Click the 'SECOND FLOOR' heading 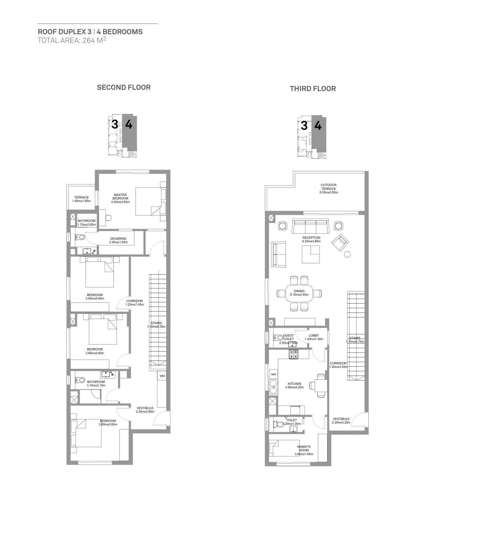tap(124, 87)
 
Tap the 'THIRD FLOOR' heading tap(313, 89)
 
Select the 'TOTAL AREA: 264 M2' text tap(72, 40)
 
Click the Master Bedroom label tap(120, 197)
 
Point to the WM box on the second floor tap(162, 376)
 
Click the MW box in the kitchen tap(273, 374)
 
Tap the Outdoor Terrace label tap(328, 187)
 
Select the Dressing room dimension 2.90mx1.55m tap(118, 242)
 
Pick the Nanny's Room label tap(304, 448)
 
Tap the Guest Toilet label tap(288, 337)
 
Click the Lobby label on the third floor tap(314, 336)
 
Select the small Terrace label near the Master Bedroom tap(81, 198)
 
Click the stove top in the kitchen tap(293, 354)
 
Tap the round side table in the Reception tap(348, 254)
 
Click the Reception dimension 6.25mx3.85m tap(311, 241)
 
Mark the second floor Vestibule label tap(145, 408)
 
